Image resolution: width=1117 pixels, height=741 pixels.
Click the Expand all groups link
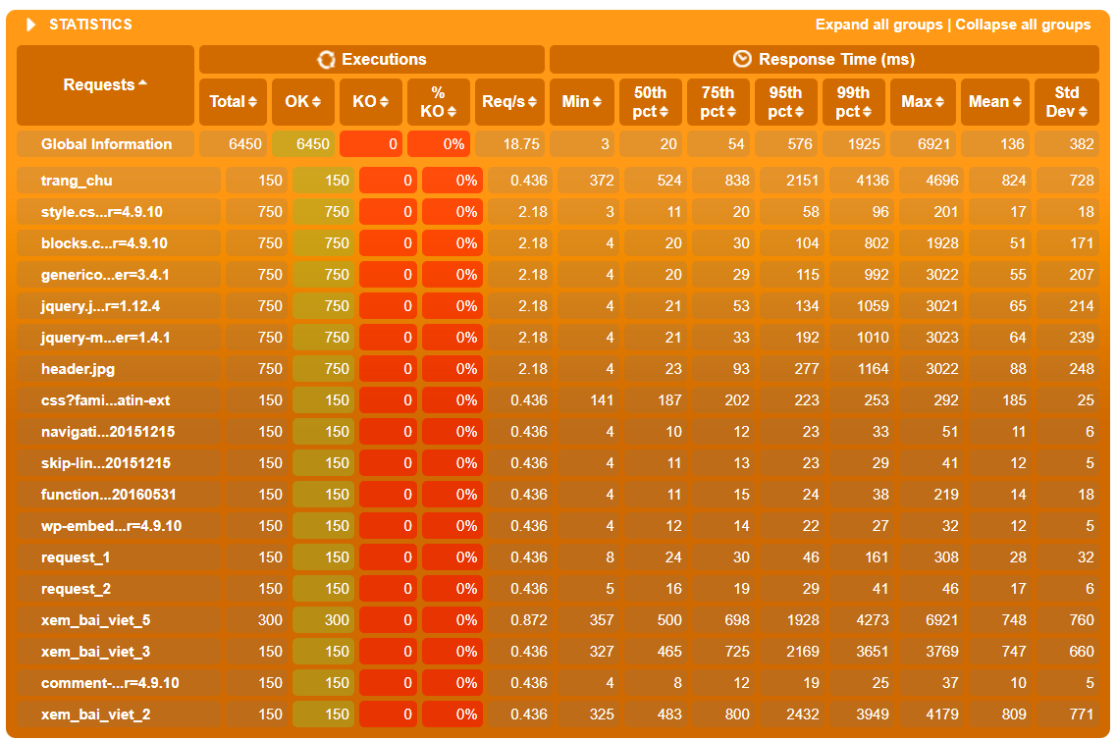pos(879,25)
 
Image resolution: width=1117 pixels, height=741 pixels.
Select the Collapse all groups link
pos(1023,25)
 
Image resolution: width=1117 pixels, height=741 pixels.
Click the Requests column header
pos(105,84)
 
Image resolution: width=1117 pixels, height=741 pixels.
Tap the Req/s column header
pos(508,102)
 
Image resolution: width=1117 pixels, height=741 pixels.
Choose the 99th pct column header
pos(853,102)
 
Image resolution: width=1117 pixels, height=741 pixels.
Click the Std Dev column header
pos(1066,102)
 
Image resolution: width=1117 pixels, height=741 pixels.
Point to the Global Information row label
pos(106,144)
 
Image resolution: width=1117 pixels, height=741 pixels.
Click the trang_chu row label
pos(77,181)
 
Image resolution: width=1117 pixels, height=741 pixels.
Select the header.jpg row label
pos(78,369)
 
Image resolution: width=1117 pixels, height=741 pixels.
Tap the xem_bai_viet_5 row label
pos(95,620)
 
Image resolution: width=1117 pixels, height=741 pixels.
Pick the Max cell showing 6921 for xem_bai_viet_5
pos(941,620)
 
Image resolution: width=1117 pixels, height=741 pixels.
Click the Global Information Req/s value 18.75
pos(521,144)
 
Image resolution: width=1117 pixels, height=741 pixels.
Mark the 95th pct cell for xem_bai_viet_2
pos(803,714)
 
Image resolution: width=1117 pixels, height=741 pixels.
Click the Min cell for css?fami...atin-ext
pos(602,400)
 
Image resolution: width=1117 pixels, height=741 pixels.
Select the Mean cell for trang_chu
pos(1014,181)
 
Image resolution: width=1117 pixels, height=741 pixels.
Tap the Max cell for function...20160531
pos(946,495)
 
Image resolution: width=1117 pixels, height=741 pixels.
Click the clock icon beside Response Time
pos(742,59)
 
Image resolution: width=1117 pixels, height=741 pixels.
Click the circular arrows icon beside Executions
pos(326,59)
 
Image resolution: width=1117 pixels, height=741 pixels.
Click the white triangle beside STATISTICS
pos(30,25)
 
